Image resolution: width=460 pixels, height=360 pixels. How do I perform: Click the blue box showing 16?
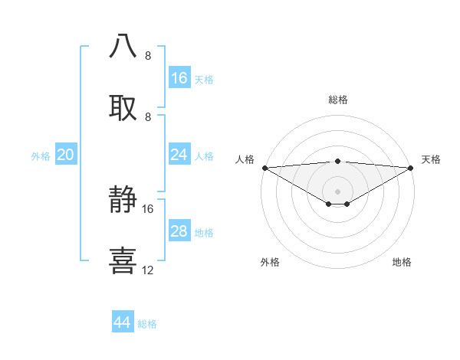tap(179, 78)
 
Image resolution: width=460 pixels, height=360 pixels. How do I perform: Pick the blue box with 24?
tap(179, 155)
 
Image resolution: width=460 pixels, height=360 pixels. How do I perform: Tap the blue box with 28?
tap(179, 231)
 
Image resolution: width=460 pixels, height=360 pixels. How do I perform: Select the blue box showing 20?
tap(66, 155)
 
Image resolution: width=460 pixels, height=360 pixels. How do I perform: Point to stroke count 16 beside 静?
tap(148, 208)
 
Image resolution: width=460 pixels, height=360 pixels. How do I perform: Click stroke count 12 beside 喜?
tap(148, 270)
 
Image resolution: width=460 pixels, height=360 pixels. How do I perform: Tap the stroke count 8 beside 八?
tap(148, 56)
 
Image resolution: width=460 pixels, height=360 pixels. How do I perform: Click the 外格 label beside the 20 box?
tap(41, 156)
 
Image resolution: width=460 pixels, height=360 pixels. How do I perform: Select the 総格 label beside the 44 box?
tap(147, 324)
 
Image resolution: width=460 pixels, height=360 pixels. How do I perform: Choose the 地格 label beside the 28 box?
tap(204, 233)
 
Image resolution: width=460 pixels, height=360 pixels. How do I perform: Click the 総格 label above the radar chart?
tap(338, 100)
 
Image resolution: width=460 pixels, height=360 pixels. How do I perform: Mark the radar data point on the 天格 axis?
tap(411, 167)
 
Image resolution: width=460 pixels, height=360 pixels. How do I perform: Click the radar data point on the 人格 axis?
tap(264, 167)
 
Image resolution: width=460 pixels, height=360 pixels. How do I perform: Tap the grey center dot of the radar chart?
tap(338, 191)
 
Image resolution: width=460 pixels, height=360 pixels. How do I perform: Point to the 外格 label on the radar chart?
tap(270, 262)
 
